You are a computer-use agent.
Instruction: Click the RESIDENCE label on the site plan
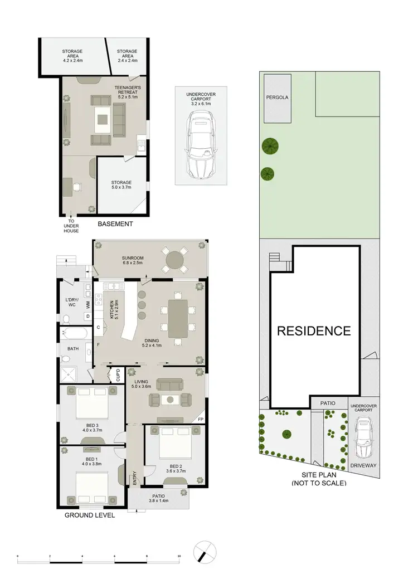314,330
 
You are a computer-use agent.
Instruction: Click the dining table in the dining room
178,319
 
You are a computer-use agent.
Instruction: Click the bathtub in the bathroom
74,335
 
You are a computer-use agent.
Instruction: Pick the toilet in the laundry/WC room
66,319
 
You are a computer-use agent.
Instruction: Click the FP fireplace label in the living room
200,419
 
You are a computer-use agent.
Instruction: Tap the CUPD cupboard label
118,374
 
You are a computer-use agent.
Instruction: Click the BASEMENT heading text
115,224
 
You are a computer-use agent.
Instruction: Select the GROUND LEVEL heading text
90,515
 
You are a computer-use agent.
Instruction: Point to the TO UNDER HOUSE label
71,225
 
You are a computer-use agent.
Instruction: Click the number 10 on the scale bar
179,556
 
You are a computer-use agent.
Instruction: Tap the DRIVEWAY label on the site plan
363,465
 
